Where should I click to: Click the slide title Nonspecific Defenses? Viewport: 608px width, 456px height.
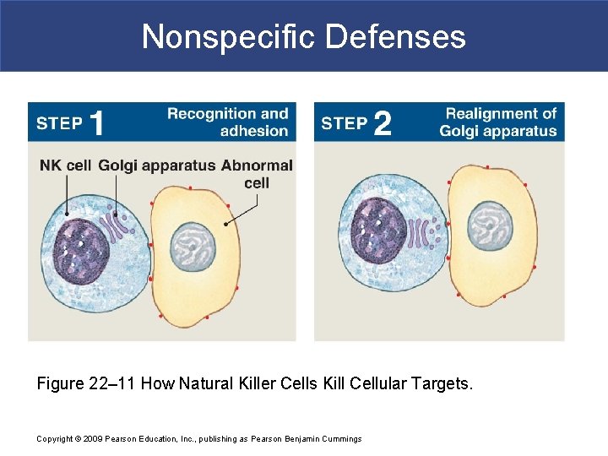[304, 36]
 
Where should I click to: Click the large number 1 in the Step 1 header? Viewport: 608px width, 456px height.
[97, 123]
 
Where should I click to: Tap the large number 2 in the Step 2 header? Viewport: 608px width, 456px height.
[382, 123]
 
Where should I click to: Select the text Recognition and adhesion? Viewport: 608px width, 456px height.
[228, 122]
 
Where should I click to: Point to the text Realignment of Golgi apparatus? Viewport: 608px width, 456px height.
[498, 122]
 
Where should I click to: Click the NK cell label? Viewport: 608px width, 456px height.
[65, 166]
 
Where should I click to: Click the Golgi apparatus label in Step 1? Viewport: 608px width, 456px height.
[157, 166]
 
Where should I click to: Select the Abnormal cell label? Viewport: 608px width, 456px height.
[257, 174]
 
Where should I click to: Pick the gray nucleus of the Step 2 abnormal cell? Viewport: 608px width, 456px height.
[491, 224]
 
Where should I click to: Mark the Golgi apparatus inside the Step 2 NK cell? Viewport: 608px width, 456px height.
[421, 230]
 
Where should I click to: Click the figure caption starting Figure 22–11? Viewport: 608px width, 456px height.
[255, 384]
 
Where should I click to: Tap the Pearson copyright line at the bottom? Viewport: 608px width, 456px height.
[198, 438]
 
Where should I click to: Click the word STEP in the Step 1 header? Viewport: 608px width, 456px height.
[59, 123]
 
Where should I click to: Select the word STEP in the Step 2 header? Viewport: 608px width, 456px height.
[344, 123]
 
